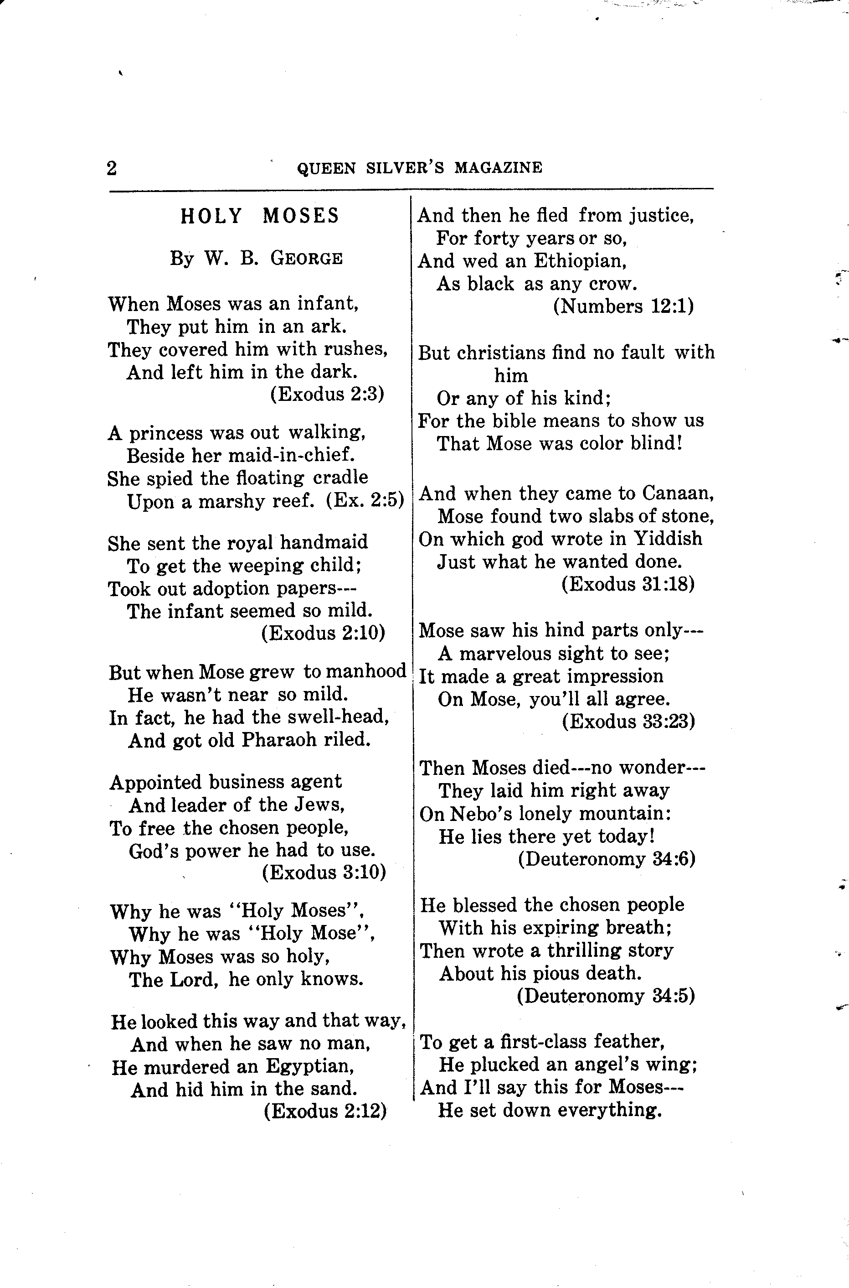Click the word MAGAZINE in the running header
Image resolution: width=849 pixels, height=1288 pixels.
(x=498, y=167)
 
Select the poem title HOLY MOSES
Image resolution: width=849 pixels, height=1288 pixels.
(x=259, y=216)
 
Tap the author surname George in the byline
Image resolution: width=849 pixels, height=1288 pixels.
(x=306, y=259)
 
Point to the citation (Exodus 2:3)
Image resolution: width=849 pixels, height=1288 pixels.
(x=327, y=394)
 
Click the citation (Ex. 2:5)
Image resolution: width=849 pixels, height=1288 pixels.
(x=365, y=501)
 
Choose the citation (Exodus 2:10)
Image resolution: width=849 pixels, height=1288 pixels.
(x=323, y=632)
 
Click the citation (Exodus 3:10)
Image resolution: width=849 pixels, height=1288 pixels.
(x=324, y=872)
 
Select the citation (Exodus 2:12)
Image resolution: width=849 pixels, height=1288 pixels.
(x=325, y=1111)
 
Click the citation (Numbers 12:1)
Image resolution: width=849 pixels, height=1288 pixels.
(x=623, y=306)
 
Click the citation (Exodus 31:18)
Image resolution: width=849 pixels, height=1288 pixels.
(x=628, y=584)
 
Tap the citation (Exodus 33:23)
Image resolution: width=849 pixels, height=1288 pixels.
(x=628, y=721)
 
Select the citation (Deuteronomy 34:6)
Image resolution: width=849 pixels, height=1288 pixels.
(x=607, y=859)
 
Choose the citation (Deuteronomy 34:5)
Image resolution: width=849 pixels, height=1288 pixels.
(x=605, y=996)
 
